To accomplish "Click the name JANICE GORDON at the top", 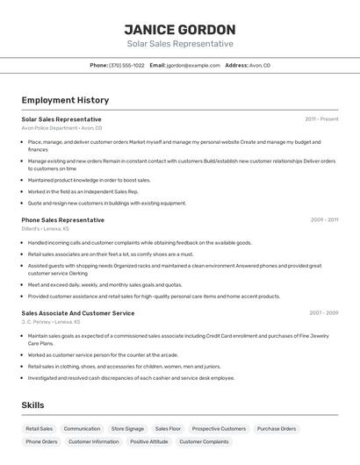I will (x=179, y=30).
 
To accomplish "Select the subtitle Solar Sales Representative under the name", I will (x=179, y=44).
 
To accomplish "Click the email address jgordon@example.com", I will (x=193, y=65).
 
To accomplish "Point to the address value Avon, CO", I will (x=260, y=65).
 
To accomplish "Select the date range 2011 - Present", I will (x=321, y=118).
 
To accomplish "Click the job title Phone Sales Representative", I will (x=62, y=220).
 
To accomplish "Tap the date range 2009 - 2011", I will (x=324, y=220).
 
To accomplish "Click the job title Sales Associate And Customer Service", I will (x=78, y=312).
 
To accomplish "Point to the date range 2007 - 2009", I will (x=323, y=312).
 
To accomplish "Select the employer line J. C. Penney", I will (x=51, y=322).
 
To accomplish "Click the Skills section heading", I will (x=32, y=404).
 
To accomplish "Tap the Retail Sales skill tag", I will (x=40, y=429).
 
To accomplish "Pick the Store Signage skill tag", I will (x=127, y=429).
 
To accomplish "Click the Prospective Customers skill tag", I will (x=219, y=429).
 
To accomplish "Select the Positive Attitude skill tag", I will (x=149, y=441).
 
